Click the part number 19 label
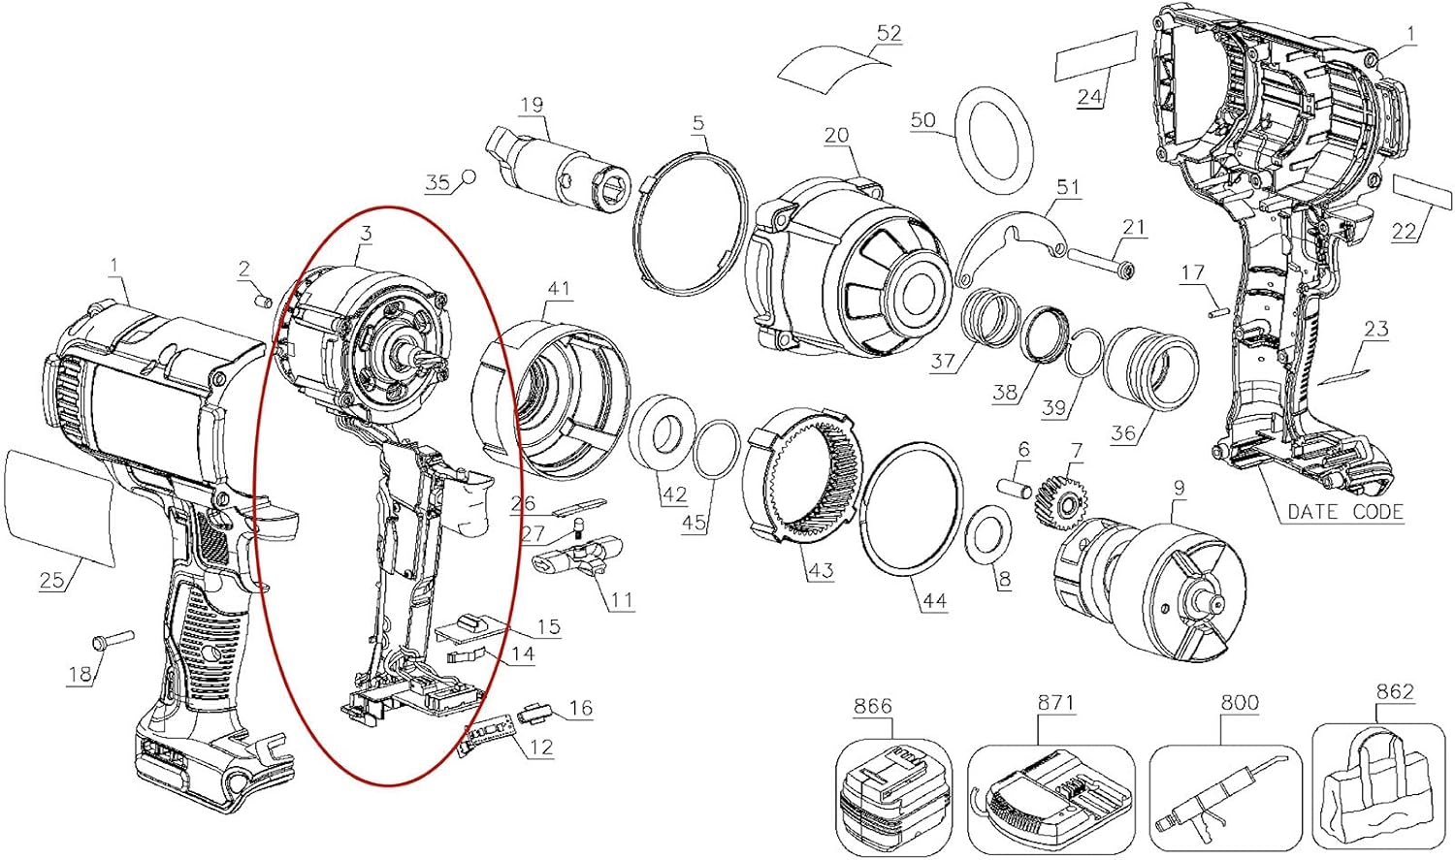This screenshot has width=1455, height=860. coord(532,105)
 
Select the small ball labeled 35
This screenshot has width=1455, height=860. coord(469,176)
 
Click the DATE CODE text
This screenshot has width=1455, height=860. coord(1345,512)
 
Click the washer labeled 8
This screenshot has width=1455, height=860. coord(990,532)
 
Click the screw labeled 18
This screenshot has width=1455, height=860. coord(113,641)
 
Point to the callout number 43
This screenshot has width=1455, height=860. coord(821,569)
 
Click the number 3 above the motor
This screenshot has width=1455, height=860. coord(366,233)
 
